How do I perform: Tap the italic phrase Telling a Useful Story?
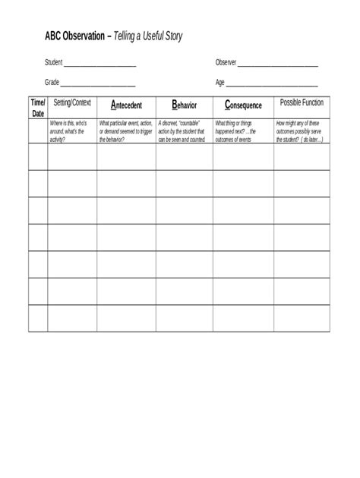coord(148,36)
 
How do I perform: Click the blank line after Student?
coord(99,64)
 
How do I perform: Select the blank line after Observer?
coord(278,64)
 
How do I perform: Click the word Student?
coord(53,63)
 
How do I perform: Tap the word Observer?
coord(226,63)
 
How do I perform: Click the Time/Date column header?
coord(37,107)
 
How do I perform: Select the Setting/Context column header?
coord(72,102)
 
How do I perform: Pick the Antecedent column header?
coord(126,105)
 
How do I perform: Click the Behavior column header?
coord(184,105)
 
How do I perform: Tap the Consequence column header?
coord(243,105)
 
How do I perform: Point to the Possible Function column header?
coord(302,102)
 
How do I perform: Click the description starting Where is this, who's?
coord(71,131)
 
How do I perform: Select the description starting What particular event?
coord(126,131)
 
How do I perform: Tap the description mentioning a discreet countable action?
coord(183,131)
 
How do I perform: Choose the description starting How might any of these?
coord(301,131)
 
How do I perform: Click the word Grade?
coord(52,83)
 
